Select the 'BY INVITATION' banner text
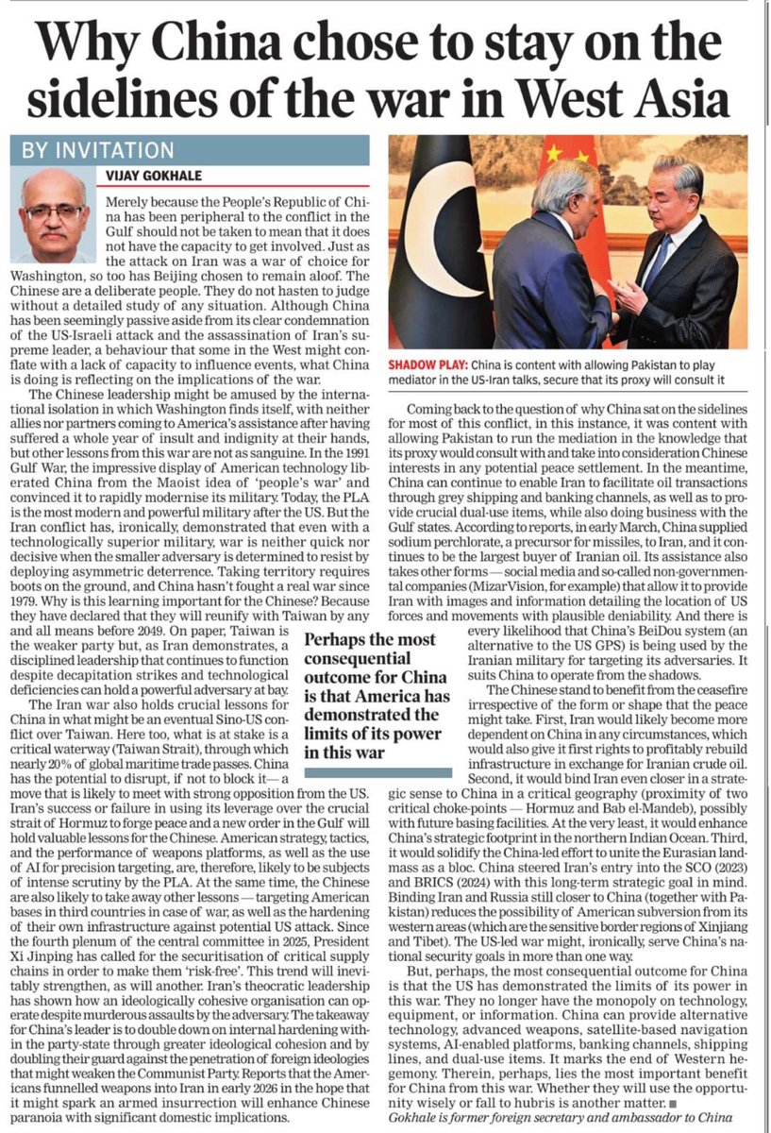[93, 150]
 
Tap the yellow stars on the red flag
[559, 157]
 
